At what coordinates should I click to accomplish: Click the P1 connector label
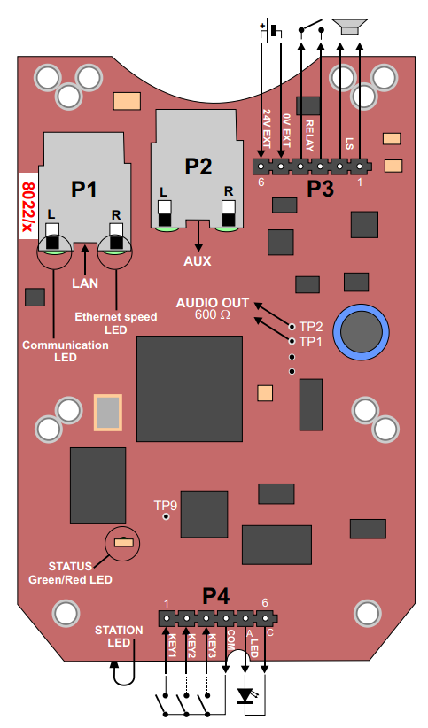pyautogui.click(x=84, y=189)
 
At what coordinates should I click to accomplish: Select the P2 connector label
pyautogui.click(x=198, y=166)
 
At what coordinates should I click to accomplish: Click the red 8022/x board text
pyautogui.click(x=27, y=205)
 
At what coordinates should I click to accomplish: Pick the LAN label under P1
pyautogui.click(x=86, y=283)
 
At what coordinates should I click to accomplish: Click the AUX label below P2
pyautogui.click(x=197, y=262)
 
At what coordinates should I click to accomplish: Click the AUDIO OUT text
pyautogui.click(x=212, y=301)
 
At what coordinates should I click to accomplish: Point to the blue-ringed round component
pyautogui.click(x=361, y=333)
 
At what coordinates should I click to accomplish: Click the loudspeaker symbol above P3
pyautogui.click(x=351, y=28)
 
